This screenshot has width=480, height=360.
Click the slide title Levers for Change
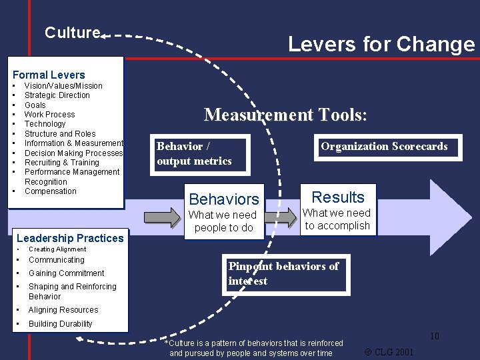point(381,45)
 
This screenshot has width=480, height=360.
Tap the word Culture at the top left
point(72,33)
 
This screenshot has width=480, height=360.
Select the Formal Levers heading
point(49,75)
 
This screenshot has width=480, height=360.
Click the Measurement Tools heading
point(285,115)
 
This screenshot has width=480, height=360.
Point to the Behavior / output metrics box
point(193,153)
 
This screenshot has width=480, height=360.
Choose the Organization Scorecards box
point(384,147)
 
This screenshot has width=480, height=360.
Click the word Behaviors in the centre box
point(223,199)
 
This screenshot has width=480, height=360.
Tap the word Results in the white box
point(338,197)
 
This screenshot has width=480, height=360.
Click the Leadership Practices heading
point(70,238)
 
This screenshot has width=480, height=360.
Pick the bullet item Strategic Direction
point(57,95)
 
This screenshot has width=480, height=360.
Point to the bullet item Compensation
point(51,191)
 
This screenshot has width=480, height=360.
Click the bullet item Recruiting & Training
point(61,163)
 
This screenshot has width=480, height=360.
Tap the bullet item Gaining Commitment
point(66,273)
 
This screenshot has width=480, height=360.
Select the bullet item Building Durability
point(60,324)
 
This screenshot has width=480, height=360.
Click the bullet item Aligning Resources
point(63,310)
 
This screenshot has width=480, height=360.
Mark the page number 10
point(434,336)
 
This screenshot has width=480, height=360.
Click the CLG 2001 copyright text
point(389,351)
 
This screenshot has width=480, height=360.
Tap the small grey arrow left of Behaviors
point(161,217)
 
